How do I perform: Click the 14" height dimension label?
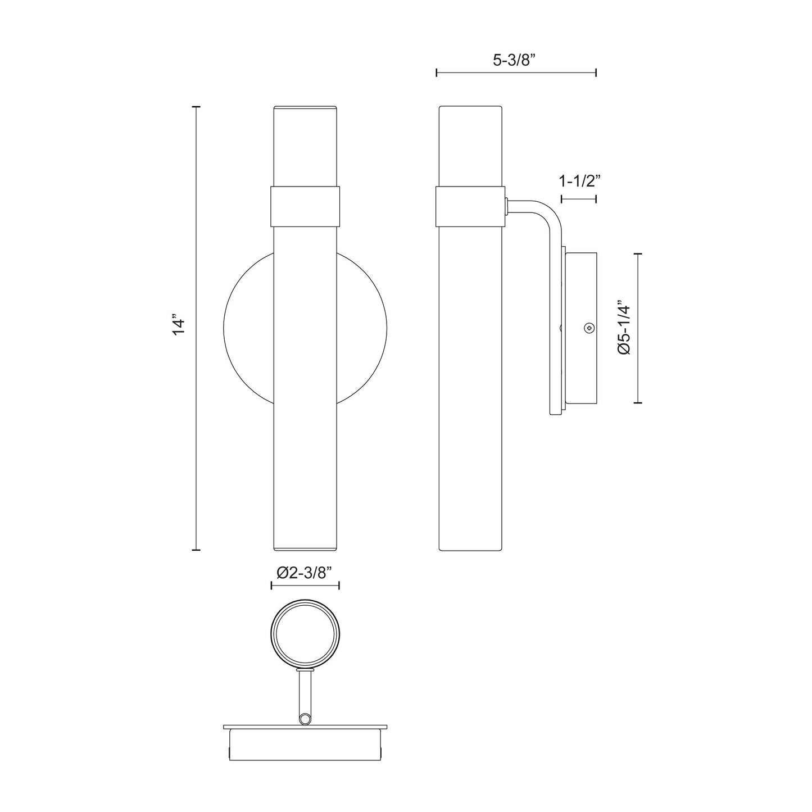[x=179, y=327]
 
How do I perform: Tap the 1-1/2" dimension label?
[x=578, y=182]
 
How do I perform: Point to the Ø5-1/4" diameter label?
[x=624, y=328]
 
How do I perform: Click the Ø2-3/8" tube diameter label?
[x=305, y=572]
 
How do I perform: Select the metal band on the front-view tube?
[x=305, y=206]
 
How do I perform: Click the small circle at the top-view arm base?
[x=305, y=718]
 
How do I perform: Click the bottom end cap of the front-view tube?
[x=305, y=547]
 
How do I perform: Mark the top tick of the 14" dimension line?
[x=196, y=106]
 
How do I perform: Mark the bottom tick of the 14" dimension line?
[x=196, y=550]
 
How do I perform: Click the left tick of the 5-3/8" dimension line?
[x=437, y=72]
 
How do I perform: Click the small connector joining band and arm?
[x=506, y=206]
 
